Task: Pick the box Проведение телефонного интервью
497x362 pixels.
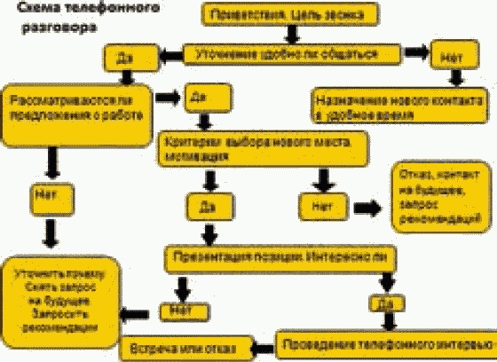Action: (x=384, y=342)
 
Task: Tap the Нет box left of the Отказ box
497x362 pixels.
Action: (x=317, y=207)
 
